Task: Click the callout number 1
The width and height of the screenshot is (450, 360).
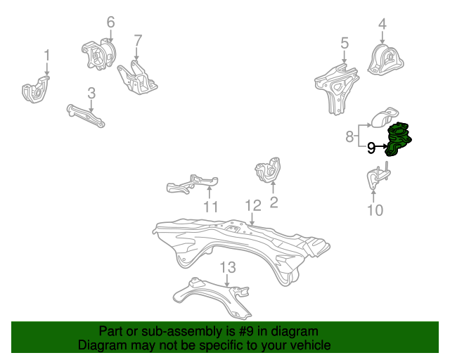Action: coord(47,55)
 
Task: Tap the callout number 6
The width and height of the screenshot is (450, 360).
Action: coord(110,22)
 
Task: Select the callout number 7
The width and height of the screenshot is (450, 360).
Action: coord(138,40)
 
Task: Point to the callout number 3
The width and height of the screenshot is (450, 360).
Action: coord(91,92)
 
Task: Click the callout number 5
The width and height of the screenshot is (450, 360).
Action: coord(345,44)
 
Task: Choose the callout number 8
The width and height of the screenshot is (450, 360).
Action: coord(350,136)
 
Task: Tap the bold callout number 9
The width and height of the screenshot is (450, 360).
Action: coord(371,148)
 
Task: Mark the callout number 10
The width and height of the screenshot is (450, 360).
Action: coord(375,210)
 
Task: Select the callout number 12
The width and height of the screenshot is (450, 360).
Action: coord(253,205)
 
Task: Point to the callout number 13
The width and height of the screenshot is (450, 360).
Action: coord(227,267)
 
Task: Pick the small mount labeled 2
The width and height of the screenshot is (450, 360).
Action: coord(267,172)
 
